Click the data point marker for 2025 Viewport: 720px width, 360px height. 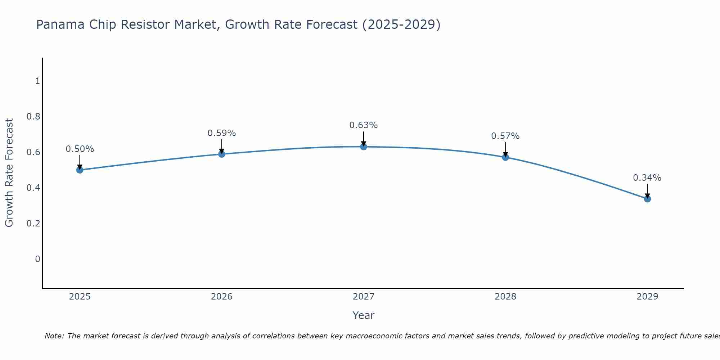[x=80, y=170]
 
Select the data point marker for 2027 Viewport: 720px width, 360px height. [x=364, y=147]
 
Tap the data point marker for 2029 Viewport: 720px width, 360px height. [x=647, y=199]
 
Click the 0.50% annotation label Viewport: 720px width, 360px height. [x=80, y=149]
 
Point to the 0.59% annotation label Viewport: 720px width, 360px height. [x=222, y=133]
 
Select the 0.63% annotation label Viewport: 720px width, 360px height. [x=364, y=125]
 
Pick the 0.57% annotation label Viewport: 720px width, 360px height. [x=505, y=136]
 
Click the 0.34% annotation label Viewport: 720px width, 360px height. [x=647, y=178]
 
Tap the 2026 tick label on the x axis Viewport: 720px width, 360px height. [x=222, y=297]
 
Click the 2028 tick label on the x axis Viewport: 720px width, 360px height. [x=505, y=297]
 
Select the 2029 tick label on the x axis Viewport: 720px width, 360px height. [x=647, y=297]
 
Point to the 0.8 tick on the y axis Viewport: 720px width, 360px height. [x=33, y=117]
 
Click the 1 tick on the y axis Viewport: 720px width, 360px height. [x=37, y=81]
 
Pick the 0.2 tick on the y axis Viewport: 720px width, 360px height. [x=33, y=224]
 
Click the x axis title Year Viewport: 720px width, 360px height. [x=364, y=315]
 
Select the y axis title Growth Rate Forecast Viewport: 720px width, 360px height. [x=9, y=173]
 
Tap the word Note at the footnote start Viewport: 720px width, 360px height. [x=54, y=336]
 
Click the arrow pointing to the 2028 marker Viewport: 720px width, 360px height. [x=505, y=149]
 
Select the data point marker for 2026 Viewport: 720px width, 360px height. [x=222, y=154]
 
